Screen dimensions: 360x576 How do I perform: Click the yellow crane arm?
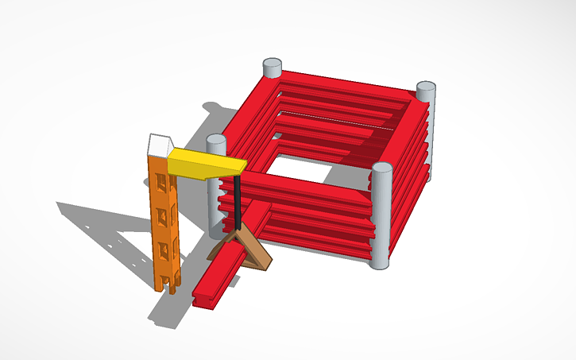tap(203, 164)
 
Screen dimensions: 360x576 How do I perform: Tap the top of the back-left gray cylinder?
tap(272, 64)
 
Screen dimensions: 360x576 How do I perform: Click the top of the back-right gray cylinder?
tap(426, 86)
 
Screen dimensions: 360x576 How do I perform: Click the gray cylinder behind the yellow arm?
tap(215, 199)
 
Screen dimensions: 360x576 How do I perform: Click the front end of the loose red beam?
tap(203, 299)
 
